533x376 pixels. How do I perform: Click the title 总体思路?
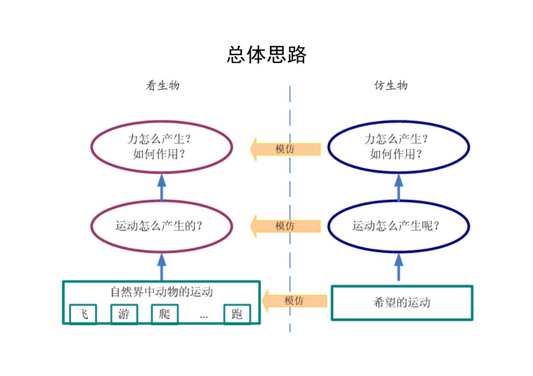tap(266, 55)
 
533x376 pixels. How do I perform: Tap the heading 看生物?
tap(162, 86)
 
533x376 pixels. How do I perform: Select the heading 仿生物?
tap(391, 85)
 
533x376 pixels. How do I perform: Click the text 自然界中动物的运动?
tap(162, 292)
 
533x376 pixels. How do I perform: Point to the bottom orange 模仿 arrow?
tap(294, 301)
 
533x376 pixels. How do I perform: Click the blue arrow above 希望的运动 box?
tap(399, 267)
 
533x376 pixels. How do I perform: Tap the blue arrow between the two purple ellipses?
tap(162, 187)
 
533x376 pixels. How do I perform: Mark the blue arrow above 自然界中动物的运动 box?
tap(162, 267)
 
